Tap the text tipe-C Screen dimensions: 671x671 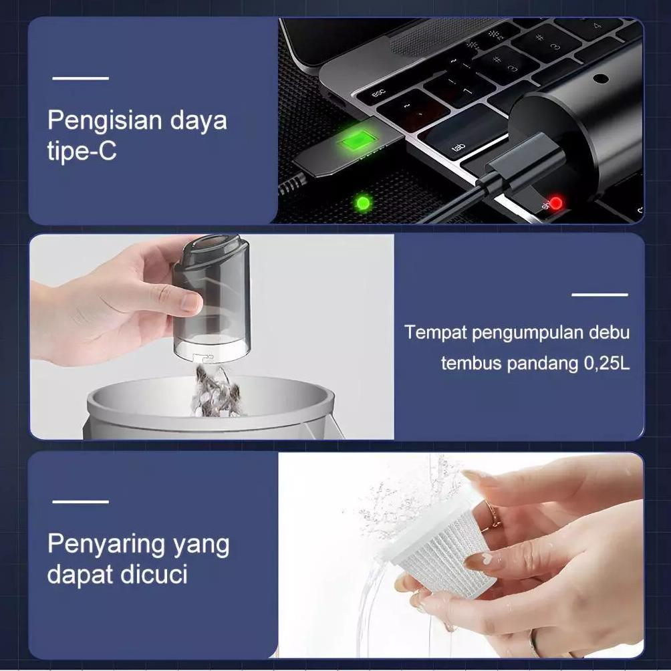click(82, 152)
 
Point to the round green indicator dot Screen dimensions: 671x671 click(363, 201)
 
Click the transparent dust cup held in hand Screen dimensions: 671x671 click(212, 301)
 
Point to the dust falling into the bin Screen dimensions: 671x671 click(213, 391)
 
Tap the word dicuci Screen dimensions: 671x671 click(156, 575)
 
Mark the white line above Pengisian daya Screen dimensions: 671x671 click(80, 78)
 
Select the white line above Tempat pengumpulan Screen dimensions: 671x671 click(599, 294)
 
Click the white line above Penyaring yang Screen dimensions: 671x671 click(80, 501)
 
